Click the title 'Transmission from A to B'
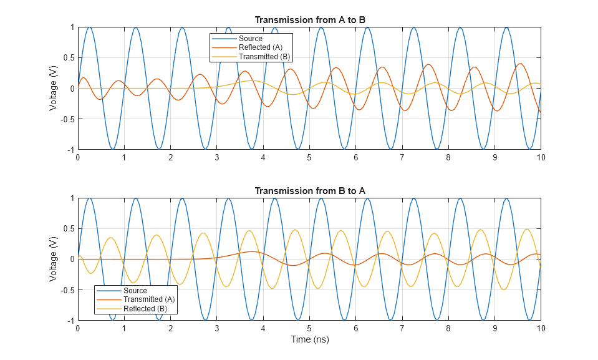pos(309,20)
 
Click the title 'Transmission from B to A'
pos(309,191)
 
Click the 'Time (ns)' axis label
pos(309,339)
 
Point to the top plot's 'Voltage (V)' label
pos(54,89)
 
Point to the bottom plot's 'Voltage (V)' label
pos(54,259)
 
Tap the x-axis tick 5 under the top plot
pos(309,158)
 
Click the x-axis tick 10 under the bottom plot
pos(541,328)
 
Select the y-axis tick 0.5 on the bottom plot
pos(66,229)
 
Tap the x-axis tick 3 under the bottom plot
pos(216,328)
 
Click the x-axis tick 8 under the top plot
pos(448,158)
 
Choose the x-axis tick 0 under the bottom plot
pos(78,328)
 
